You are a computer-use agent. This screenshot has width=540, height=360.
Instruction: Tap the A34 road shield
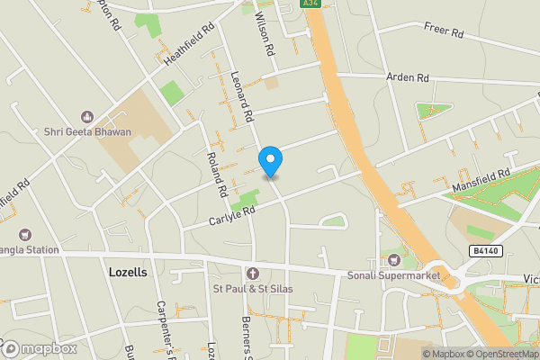[x=310, y=4]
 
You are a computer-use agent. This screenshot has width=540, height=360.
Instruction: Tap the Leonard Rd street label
[x=242, y=97]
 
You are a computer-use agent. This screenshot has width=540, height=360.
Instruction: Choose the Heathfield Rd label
[x=188, y=43]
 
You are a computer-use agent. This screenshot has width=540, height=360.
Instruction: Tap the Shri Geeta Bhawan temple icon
[x=87, y=116]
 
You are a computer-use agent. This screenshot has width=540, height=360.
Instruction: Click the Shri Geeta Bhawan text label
[x=87, y=132]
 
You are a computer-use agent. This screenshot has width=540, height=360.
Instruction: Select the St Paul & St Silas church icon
[x=252, y=273]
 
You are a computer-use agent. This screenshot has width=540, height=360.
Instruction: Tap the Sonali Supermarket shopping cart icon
[x=392, y=259]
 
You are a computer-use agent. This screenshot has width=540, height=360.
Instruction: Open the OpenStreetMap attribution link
[x=499, y=353]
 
